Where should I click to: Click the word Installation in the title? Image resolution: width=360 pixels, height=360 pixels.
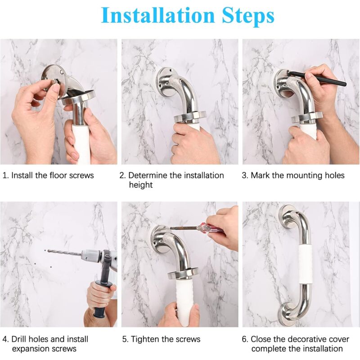[x=157, y=16]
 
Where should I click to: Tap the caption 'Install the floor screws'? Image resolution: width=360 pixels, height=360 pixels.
[x=52, y=175]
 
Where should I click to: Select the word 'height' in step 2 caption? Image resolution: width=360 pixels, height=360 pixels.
[x=141, y=185]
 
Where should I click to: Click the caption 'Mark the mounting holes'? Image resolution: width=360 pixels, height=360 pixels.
[x=297, y=175]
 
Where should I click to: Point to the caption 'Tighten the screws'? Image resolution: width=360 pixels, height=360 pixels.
[x=164, y=339]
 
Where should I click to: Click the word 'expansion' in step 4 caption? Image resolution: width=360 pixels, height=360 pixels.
[x=31, y=349]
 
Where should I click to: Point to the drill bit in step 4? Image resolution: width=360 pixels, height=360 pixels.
[x=63, y=252]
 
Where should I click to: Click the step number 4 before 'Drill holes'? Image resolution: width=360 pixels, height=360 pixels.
[x=5, y=339]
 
